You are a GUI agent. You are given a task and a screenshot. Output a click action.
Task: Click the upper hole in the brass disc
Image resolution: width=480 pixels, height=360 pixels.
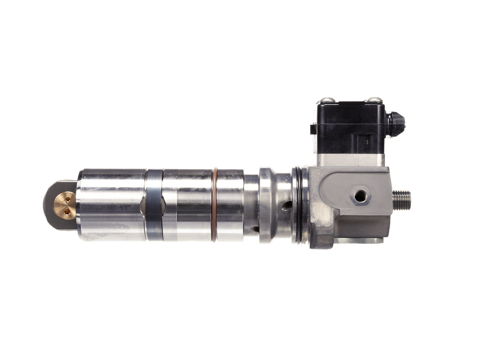coord(68,200)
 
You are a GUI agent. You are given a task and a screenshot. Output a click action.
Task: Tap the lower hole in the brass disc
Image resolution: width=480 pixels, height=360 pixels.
coord(67,212)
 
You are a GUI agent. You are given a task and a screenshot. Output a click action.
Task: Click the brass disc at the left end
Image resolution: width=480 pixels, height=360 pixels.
coord(64,205)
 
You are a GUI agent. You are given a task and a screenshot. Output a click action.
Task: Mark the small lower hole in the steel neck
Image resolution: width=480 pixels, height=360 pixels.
coord(255,228)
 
